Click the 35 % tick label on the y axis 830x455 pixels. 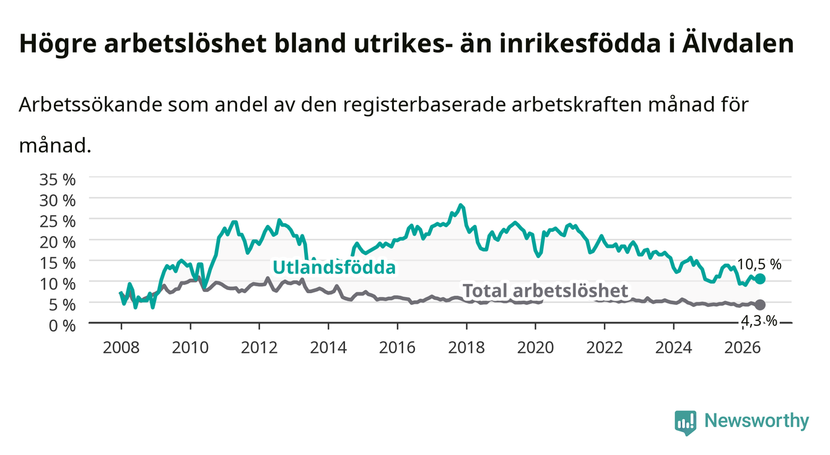[x=58, y=180]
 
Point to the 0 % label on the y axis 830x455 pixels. [x=62, y=325]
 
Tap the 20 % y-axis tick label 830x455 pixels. [x=58, y=242]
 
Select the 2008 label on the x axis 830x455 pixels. [x=121, y=348]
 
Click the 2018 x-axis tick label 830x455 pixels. [x=466, y=348]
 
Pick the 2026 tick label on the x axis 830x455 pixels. [x=743, y=348]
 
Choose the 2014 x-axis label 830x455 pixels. [x=328, y=348]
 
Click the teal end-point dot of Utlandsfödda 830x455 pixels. [x=760, y=279]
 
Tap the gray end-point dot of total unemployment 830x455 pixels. [x=760, y=305]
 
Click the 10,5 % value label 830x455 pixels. [x=759, y=265]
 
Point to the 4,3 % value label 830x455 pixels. [x=759, y=320]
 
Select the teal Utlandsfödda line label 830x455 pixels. [x=334, y=267]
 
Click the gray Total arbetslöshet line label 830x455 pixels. [x=546, y=290]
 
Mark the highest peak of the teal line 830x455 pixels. [x=461, y=205]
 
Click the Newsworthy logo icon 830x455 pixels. [x=685, y=423]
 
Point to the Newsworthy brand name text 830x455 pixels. [x=757, y=421]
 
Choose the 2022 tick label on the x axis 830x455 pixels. [x=605, y=348]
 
